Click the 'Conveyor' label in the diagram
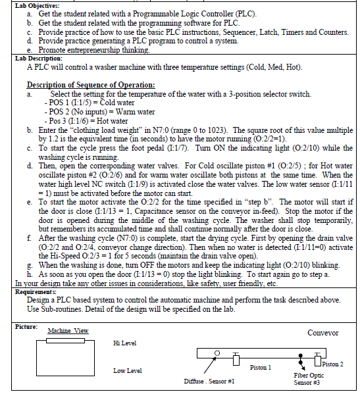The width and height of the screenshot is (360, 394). [x=322, y=332]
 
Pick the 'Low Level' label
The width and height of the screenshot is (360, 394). [x=127, y=371]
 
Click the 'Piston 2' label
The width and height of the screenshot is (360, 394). [x=332, y=364]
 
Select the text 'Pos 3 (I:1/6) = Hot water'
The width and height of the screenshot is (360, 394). [x=86, y=121]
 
